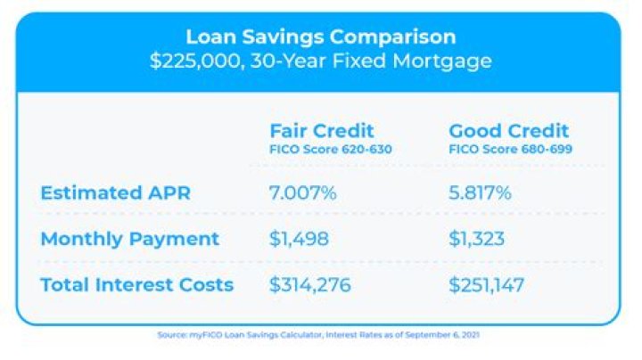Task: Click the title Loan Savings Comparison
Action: click(320, 37)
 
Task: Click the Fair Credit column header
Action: click(322, 131)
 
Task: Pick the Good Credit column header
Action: click(508, 131)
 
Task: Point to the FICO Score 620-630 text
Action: click(330, 150)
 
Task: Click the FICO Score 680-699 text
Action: click(510, 150)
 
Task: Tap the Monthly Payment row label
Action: click(130, 239)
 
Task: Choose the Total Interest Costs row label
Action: click(137, 285)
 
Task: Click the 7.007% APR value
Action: click(303, 192)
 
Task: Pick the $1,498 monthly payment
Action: click(300, 239)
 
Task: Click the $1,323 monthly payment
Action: click(478, 239)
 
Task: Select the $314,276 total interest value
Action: click(311, 285)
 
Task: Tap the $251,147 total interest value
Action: click(487, 285)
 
